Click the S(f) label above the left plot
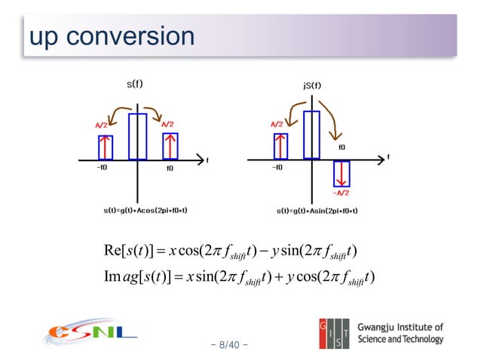pos(135,85)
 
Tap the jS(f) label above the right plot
pos(311,85)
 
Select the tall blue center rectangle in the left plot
pos(137,136)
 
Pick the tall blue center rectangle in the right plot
pos(311,135)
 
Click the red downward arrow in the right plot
pos(342,173)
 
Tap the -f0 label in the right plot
pos(277,168)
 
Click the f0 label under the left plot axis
pos(170,169)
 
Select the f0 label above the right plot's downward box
pos(342,148)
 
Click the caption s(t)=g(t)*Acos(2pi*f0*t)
pos(146,210)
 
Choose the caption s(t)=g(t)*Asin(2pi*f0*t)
pos(317,210)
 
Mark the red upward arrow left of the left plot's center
pos(105,148)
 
